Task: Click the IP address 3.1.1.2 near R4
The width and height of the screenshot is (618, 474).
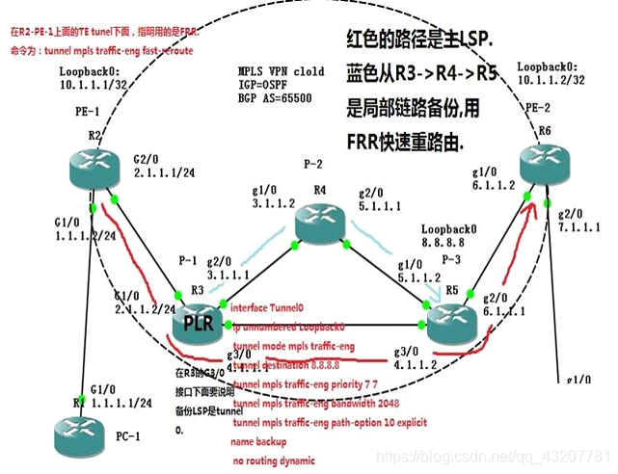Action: click(272, 202)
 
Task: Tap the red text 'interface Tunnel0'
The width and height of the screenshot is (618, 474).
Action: click(267, 309)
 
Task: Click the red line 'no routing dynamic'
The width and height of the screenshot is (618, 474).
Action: click(273, 461)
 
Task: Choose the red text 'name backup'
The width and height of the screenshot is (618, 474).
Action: click(256, 442)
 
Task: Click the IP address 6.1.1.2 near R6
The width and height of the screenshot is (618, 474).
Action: click(495, 185)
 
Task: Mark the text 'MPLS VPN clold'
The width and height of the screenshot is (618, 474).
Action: click(281, 71)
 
